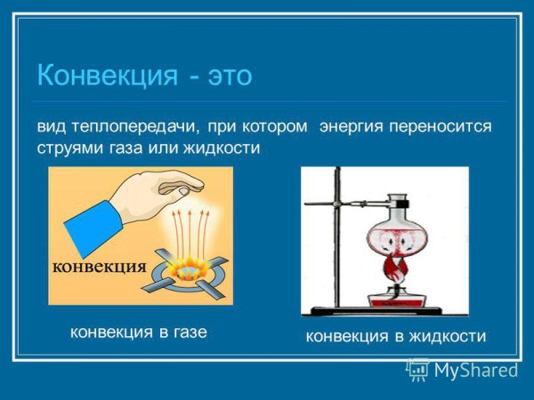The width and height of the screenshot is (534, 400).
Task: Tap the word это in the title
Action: coord(231,75)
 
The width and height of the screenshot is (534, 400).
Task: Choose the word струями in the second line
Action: coord(69,148)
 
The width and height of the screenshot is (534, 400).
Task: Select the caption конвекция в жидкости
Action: coord(396,336)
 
